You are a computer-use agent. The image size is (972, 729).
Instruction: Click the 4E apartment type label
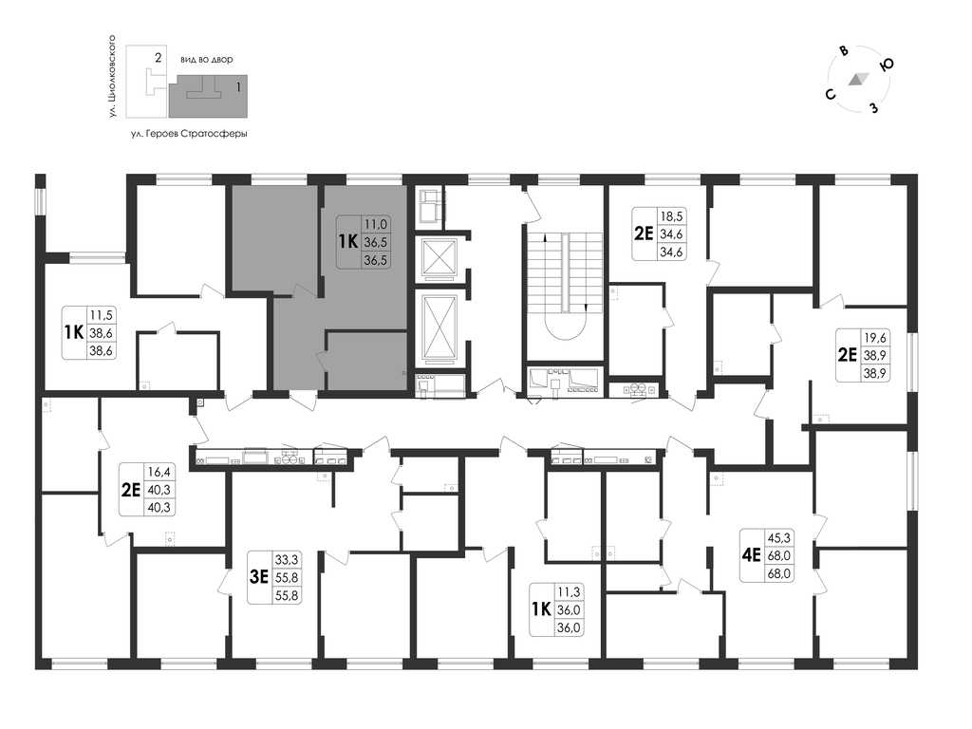751,554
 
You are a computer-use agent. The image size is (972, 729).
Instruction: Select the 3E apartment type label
258,577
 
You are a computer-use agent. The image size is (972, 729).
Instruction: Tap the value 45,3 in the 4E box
778,537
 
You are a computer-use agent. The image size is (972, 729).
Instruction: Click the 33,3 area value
287,560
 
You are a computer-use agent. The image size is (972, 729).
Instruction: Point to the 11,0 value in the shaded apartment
376,224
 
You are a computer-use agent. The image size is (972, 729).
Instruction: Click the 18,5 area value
671,216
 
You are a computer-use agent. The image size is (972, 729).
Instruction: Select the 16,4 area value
159,473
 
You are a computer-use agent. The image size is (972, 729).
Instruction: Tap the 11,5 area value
101,315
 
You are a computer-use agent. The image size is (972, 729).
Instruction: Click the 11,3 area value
570,592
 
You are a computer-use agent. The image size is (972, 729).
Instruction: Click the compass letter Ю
888,64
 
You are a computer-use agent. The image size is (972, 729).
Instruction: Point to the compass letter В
843,51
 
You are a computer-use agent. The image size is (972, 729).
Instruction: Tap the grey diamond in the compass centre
858,79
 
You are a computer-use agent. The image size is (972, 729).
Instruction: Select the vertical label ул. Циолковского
112,77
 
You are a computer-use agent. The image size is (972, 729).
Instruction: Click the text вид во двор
206,60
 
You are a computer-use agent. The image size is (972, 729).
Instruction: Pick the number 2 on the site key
159,58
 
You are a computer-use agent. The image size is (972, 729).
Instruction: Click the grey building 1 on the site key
208,96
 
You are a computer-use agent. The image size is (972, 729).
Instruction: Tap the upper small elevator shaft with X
439,257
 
